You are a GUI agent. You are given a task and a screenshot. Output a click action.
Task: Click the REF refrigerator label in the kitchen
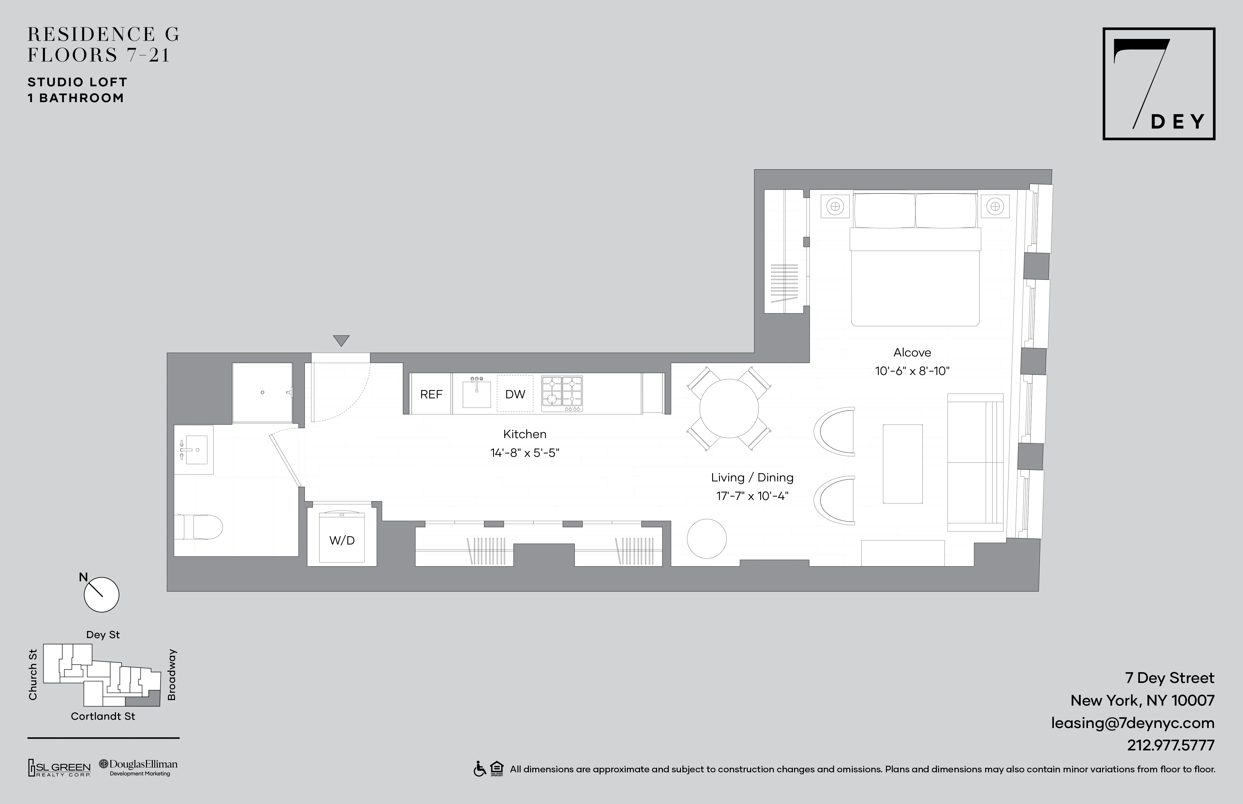click(x=431, y=394)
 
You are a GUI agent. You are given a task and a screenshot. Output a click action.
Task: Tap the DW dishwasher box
click(x=515, y=394)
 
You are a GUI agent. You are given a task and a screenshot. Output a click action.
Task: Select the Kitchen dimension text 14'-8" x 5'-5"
click(x=524, y=453)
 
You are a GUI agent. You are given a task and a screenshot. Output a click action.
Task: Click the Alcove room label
click(x=912, y=352)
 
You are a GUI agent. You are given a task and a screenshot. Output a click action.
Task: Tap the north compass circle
click(x=101, y=594)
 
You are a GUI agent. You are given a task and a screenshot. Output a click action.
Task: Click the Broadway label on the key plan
click(x=172, y=675)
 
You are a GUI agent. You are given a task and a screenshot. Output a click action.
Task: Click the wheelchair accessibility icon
click(x=479, y=769)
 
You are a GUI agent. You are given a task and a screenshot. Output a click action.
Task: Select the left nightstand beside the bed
click(x=835, y=206)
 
